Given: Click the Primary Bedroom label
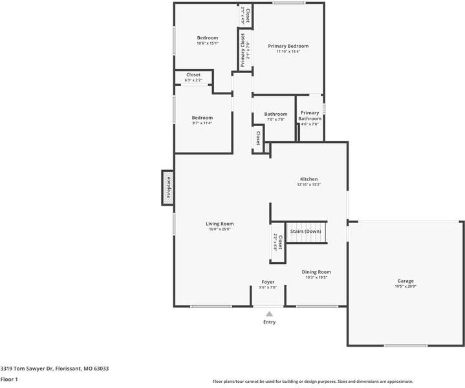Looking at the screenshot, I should point(288,46).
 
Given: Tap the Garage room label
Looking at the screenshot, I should point(406,281).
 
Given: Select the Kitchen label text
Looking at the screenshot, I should point(308,179).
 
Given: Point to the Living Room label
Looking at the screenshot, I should point(220,224).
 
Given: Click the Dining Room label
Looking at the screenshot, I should point(316,272).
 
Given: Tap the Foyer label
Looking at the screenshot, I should point(268,282).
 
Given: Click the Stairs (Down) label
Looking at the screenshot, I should point(305,231).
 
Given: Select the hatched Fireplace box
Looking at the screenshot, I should point(167,188).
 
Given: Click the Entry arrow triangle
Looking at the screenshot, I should point(269,314).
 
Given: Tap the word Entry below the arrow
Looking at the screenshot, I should point(269,322).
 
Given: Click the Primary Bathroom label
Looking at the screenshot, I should point(310,116).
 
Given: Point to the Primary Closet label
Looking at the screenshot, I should point(243,51).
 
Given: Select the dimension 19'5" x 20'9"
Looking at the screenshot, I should point(406,287).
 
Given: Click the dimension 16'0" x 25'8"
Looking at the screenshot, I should point(220,230).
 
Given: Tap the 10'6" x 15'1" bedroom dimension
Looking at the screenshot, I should point(208,43).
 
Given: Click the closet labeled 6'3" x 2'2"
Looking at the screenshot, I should point(193,78).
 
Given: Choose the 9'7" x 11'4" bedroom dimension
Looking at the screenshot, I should point(202,124).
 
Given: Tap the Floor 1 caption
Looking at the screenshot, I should point(9,380).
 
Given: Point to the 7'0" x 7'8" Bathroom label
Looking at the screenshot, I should point(276,116).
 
